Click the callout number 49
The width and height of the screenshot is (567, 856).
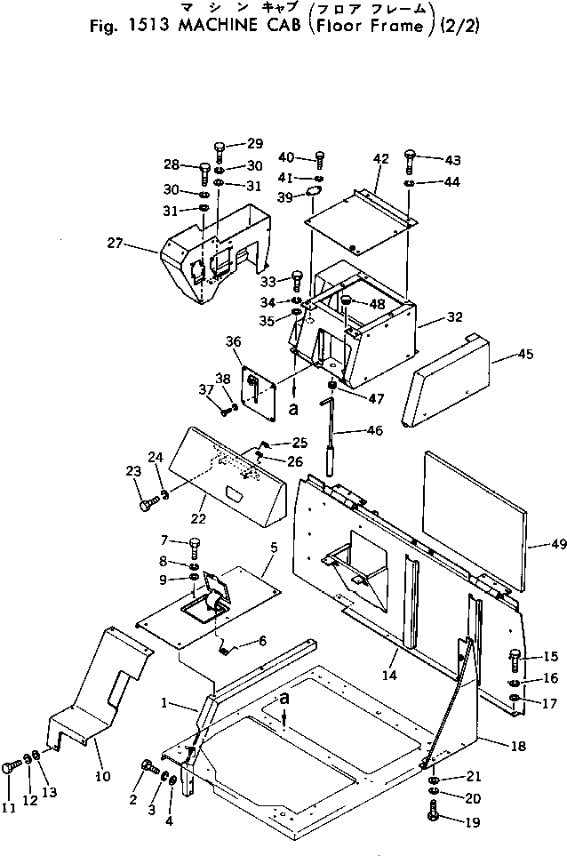coord(535,544)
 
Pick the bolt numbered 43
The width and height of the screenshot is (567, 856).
coord(409,161)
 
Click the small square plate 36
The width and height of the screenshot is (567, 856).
coord(257,388)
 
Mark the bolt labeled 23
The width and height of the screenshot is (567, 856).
coord(147,504)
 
